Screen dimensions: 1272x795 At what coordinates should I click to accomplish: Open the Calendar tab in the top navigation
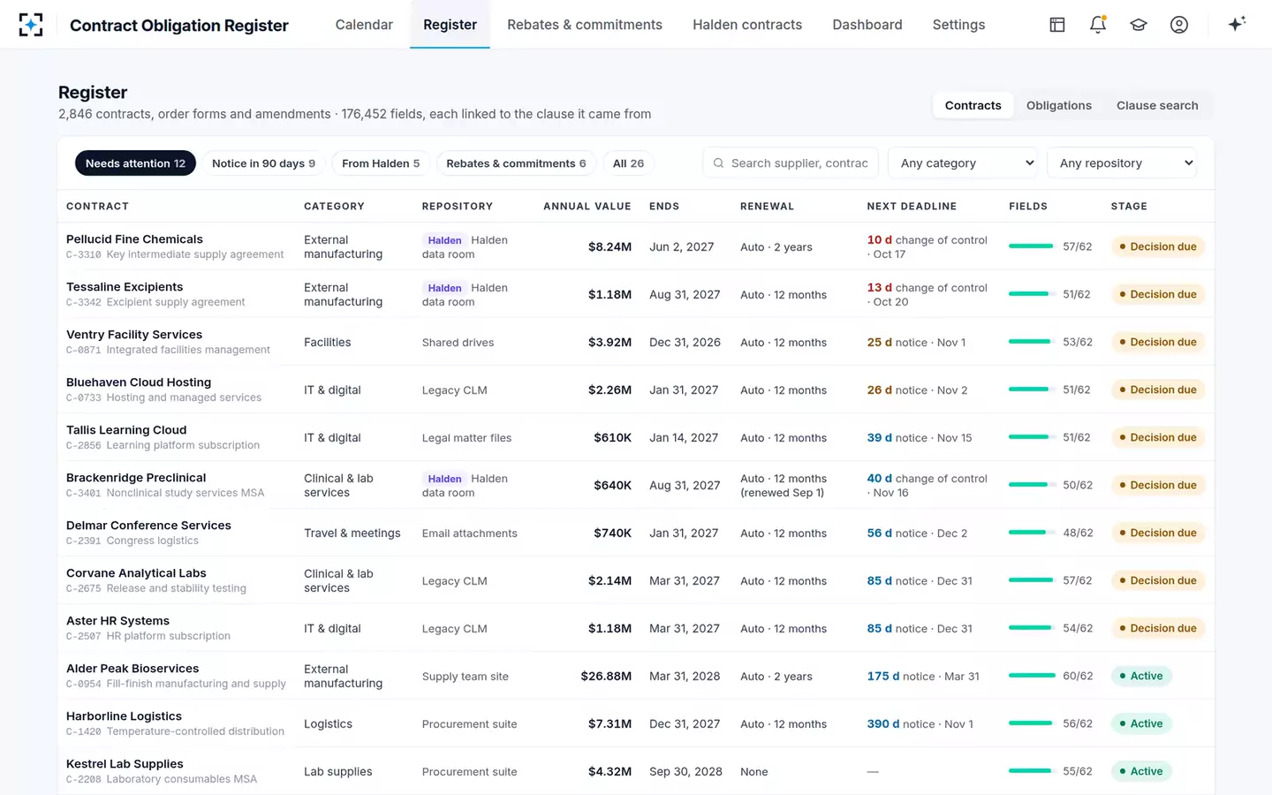click(364, 25)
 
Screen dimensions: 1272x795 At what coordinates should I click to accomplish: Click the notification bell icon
click(1098, 25)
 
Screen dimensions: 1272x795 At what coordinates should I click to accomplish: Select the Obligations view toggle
click(1058, 105)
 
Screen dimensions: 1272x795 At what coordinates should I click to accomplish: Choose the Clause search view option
click(1157, 105)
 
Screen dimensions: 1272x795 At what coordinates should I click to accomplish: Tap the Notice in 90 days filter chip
click(263, 163)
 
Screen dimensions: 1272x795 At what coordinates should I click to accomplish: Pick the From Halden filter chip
click(381, 163)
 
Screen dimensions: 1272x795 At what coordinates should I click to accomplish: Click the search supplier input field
click(791, 163)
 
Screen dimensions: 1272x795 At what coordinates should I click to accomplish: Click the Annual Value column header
click(587, 206)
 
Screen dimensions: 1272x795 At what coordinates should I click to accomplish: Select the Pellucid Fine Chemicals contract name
click(134, 239)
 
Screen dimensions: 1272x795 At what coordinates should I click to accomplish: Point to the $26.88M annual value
click(606, 676)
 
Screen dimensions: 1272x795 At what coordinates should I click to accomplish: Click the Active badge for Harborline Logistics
click(1141, 723)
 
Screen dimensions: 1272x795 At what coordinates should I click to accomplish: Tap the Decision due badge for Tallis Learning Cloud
click(1158, 437)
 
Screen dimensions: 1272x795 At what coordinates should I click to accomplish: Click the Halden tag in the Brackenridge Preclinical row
click(444, 479)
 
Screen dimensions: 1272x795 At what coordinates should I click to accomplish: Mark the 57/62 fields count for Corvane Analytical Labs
click(1078, 580)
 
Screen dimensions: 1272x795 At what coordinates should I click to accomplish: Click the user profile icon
click(1179, 25)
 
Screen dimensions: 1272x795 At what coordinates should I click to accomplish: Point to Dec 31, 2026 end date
click(685, 342)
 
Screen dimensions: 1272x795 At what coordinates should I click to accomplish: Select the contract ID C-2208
click(83, 779)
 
